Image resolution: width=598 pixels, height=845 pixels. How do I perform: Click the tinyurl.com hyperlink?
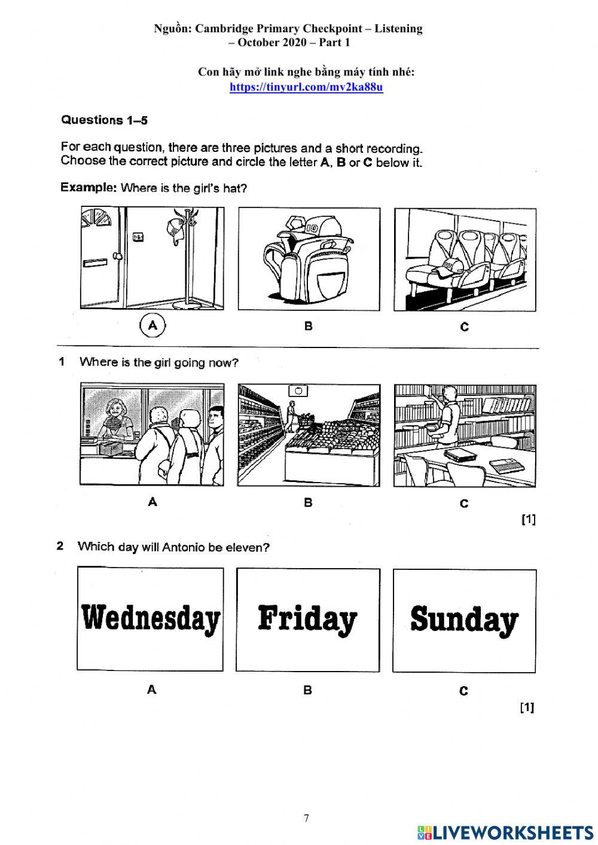pos(306,87)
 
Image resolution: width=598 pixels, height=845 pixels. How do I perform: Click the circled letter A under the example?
pos(152,326)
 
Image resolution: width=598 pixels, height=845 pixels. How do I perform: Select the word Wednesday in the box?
pos(151,618)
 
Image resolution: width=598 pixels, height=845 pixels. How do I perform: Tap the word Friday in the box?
pos(307,619)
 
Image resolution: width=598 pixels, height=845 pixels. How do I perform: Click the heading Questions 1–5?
pos(105,120)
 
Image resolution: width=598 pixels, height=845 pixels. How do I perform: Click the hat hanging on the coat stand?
pos(175,230)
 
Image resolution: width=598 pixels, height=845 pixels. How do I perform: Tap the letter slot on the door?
pos(94,262)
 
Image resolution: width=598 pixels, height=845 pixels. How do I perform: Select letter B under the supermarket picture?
pos(308,502)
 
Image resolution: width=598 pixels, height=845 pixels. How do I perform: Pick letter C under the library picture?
pos(464,504)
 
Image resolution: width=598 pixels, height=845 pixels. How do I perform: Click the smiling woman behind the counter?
pos(114,419)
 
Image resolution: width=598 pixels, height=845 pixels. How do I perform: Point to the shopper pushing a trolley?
pos(292,416)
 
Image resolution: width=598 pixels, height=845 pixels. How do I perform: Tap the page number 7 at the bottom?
pos(306,819)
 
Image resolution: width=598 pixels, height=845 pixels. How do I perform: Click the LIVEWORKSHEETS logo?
pos(505,832)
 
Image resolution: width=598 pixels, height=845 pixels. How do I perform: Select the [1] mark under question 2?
pos(527,707)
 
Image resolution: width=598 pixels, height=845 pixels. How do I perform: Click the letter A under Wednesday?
pos(152,690)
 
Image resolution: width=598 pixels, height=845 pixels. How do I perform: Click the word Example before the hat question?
pos(89,188)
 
